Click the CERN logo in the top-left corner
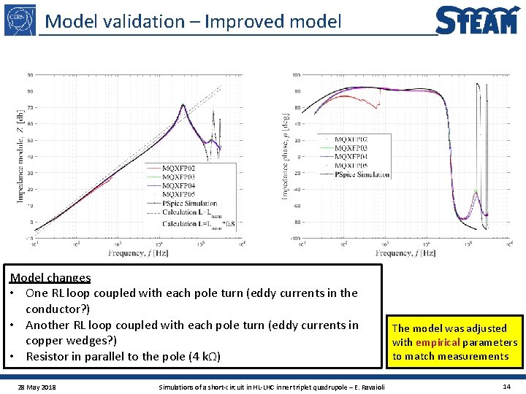20,19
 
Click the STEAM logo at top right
478,20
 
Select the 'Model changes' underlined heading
50,278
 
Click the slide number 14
506,386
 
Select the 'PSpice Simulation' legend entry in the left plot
189,202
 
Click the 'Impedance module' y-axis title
20,161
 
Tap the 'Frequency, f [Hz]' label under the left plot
139,252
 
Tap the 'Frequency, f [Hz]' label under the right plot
405,252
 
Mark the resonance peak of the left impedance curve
183,105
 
